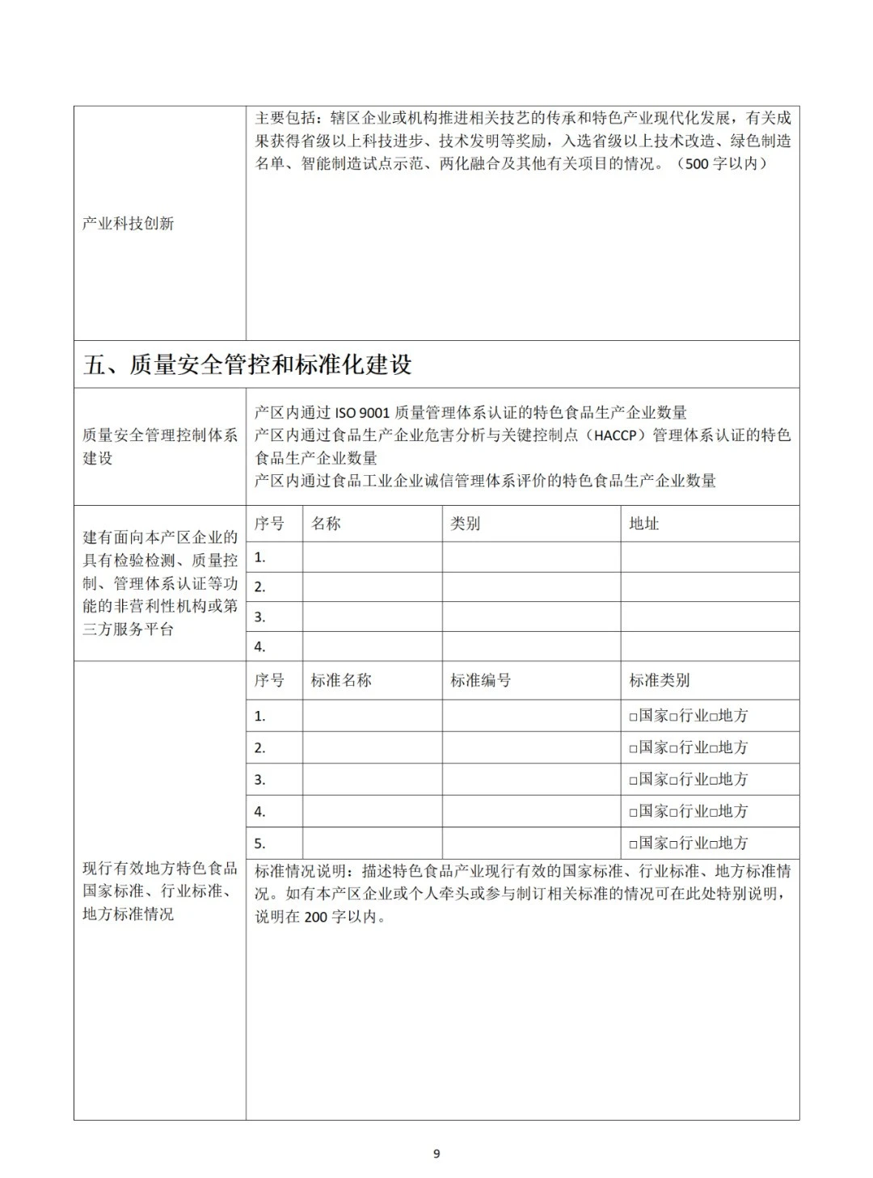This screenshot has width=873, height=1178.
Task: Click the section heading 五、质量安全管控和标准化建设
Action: point(247,364)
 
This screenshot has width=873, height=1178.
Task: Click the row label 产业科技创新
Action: point(128,223)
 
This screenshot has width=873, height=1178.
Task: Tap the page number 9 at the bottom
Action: point(436,1154)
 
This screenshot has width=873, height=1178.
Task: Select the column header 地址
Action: point(644,524)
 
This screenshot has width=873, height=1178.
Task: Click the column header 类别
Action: point(465,524)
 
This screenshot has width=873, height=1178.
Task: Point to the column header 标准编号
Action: point(480,680)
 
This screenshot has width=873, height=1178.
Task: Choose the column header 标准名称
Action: point(341,680)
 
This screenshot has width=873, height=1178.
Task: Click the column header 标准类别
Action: point(660,680)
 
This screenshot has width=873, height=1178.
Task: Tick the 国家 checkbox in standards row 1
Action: point(634,717)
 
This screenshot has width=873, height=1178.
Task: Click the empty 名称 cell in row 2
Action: point(372,587)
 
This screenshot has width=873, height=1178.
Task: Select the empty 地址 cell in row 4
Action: point(710,646)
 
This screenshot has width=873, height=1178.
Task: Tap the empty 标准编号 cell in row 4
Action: point(531,811)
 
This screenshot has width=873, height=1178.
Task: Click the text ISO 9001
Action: point(362,413)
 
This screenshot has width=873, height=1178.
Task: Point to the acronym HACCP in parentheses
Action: point(618,435)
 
